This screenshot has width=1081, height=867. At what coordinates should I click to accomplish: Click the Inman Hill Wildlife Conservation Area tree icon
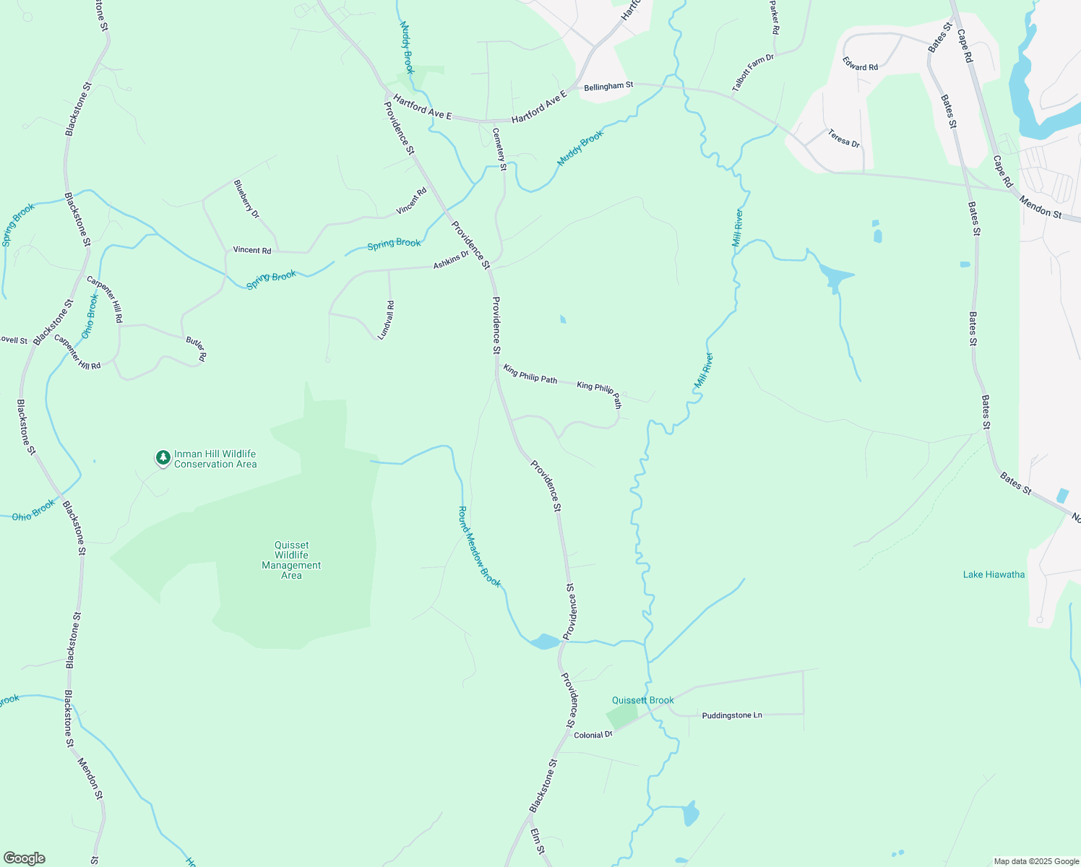click(163, 457)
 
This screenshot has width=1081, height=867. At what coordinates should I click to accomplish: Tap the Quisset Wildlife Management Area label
click(291, 560)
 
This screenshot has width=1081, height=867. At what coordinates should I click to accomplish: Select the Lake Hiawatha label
click(994, 574)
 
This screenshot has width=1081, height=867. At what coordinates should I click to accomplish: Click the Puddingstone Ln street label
click(732, 715)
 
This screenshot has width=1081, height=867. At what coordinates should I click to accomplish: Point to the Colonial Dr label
click(593, 735)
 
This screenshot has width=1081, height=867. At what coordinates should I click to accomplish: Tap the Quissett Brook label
click(642, 700)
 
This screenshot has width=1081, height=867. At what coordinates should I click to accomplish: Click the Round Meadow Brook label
click(479, 546)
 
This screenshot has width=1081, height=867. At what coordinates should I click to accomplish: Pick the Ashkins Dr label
click(451, 260)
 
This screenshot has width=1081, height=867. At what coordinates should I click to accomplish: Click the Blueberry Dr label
click(246, 199)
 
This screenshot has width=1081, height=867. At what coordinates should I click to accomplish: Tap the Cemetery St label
click(499, 144)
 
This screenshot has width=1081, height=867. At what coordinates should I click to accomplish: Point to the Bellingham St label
click(608, 86)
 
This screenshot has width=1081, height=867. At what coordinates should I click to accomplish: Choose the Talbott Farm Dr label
click(753, 72)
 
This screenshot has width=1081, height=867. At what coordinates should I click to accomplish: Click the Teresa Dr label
click(844, 138)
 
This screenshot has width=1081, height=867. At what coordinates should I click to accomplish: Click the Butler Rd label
click(196, 348)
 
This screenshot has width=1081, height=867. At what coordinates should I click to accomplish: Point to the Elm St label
click(537, 842)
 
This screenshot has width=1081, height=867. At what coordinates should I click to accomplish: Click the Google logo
click(24, 858)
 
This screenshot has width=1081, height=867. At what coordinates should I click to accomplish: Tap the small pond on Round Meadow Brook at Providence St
click(544, 642)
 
